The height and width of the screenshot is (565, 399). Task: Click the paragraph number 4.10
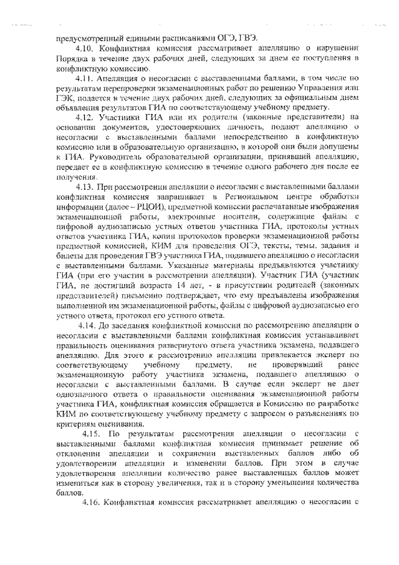(x=83, y=47)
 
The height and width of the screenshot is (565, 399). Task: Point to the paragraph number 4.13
(x=83, y=185)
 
